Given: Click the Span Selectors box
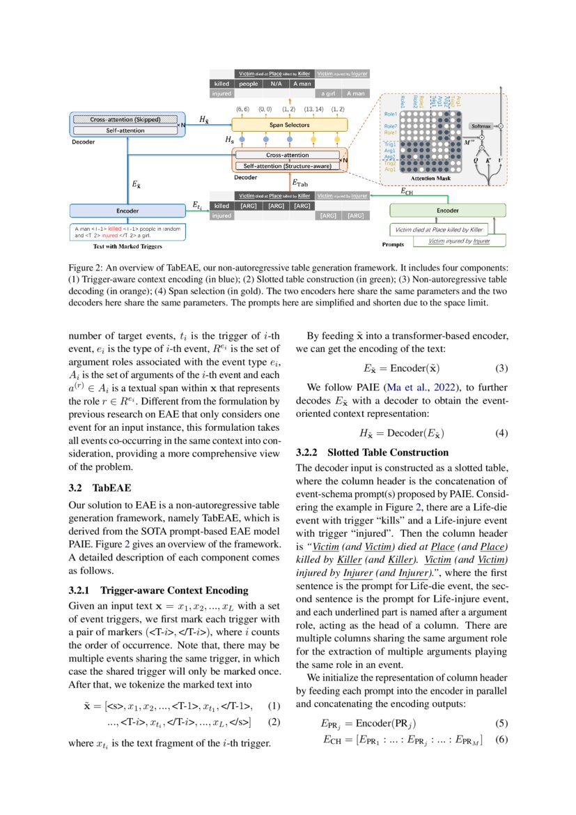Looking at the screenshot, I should (x=290, y=125).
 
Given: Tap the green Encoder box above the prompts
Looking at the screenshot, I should (x=447, y=210).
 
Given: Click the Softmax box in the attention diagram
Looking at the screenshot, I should (x=481, y=126).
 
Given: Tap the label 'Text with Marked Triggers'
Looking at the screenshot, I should (x=128, y=246).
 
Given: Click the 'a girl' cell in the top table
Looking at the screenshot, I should (x=326, y=93).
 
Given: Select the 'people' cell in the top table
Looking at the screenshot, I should (x=248, y=84).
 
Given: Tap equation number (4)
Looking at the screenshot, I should (x=501, y=433).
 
